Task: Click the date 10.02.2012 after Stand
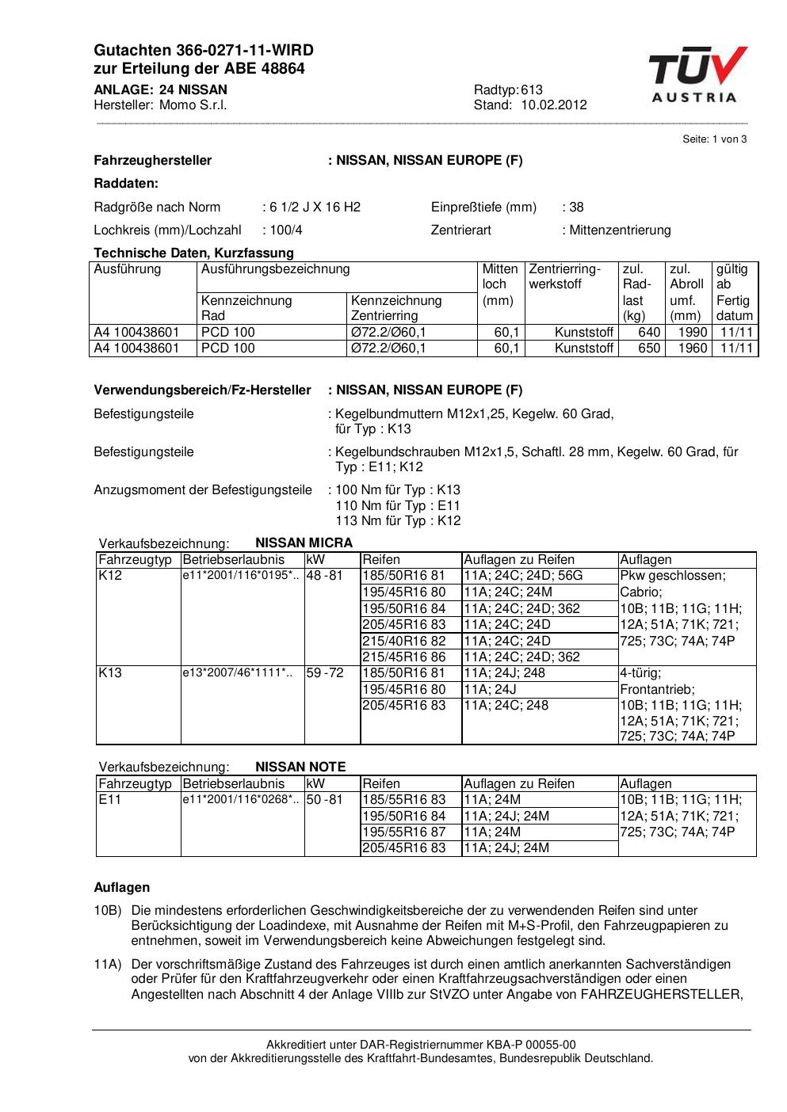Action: (x=554, y=105)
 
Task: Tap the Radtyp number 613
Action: (x=533, y=90)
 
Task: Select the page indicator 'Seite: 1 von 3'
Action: (x=714, y=139)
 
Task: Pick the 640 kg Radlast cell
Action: (x=649, y=333)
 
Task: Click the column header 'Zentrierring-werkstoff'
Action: (x=565, y=276)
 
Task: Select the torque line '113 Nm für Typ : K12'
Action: (x=398, y=521)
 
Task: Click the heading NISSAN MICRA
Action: (x=304, y=543)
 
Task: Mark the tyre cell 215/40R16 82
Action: (x=404, y=641)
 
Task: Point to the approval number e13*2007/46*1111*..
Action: (x=238, y=673)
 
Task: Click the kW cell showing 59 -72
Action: (x=325, y=673)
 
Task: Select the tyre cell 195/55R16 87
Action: (x=404, y=832)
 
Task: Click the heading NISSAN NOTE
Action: (x=300, y=767)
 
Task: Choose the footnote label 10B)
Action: (x=108, y=911)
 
